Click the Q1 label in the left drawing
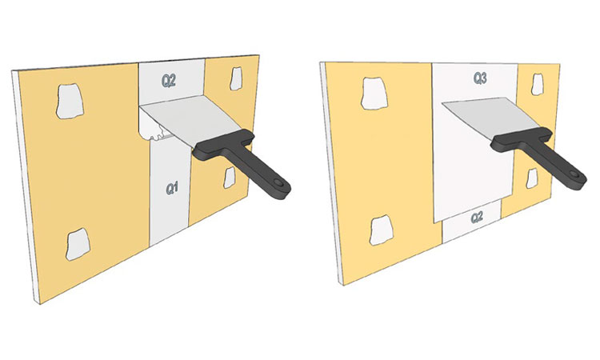(x=172, y=188)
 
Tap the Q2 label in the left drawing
(x=168, y=80)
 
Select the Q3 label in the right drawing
(x=480, y=78)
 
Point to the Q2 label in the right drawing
(x=477, y=218)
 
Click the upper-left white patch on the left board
(x=70, y=101)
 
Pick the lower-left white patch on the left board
(x=78, y=244)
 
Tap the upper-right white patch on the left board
(x=236, y=79)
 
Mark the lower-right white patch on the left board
(x=230, y=178)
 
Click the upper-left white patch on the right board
(x=374, y=94)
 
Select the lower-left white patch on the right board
(x=382, y=230)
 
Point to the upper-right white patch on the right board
(x=538, y=85)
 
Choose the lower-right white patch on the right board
(x=532, y=178)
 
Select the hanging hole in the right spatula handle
(x=574, y=174)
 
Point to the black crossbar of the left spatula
(x=224, y=145)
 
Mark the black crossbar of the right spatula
(x=521, y=139)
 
